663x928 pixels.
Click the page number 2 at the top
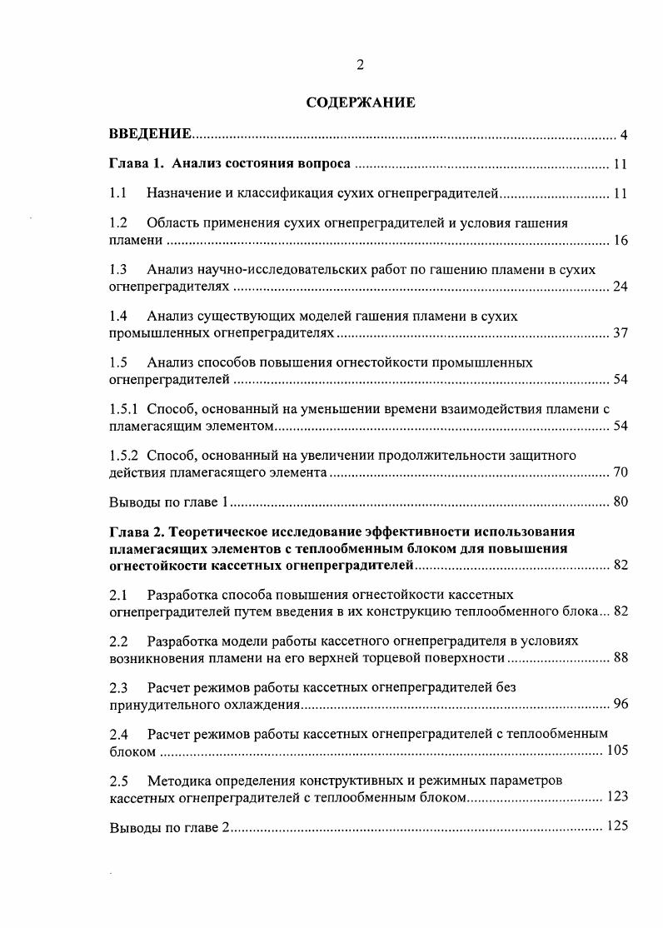(360, 66)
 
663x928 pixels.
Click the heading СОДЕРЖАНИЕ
(361, 103)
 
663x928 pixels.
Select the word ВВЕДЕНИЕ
(151, 134)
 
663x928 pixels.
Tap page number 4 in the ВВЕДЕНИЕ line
(623, 135)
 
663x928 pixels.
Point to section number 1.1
(118, 194)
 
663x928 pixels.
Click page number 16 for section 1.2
(620, 241)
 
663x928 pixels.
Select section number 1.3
(118, 270)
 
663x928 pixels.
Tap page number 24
(620, 287)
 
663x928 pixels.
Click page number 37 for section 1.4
(620, 334)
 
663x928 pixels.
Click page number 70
(620, 473)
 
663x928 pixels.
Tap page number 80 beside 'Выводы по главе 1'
(620, 502)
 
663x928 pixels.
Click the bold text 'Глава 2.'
(136, 531)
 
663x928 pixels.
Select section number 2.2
(118, 641)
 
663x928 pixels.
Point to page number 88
(620, 658)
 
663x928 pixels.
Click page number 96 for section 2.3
(620, 705)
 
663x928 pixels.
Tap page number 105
(616, 751)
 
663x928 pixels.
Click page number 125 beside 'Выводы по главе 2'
(616, 827)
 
